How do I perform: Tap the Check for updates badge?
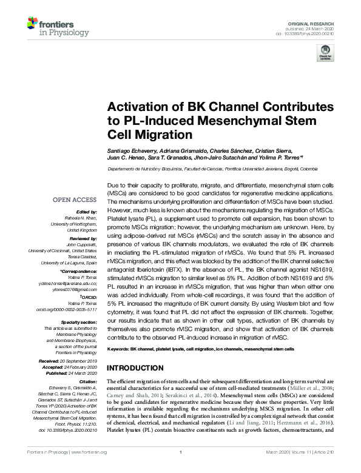click(x=325, y=55)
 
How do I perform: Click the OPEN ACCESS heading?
click(x=75, y=199)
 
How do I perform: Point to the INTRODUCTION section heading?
click(x=137, y=368)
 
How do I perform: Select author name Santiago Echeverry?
click(x=129, y=151)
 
